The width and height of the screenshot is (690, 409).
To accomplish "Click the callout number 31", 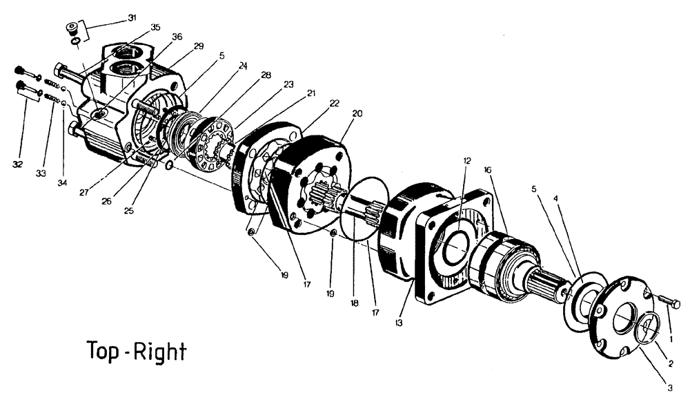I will click(132, 17).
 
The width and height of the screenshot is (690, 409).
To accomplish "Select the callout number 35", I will click(155, 28).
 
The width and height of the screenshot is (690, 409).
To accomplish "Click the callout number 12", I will click(467, 160).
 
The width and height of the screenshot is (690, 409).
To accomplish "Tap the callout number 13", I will click(399, 322).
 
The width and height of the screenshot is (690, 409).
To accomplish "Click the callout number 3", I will click(669, 388).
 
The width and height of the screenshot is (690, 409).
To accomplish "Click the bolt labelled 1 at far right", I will click(667, 303).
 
